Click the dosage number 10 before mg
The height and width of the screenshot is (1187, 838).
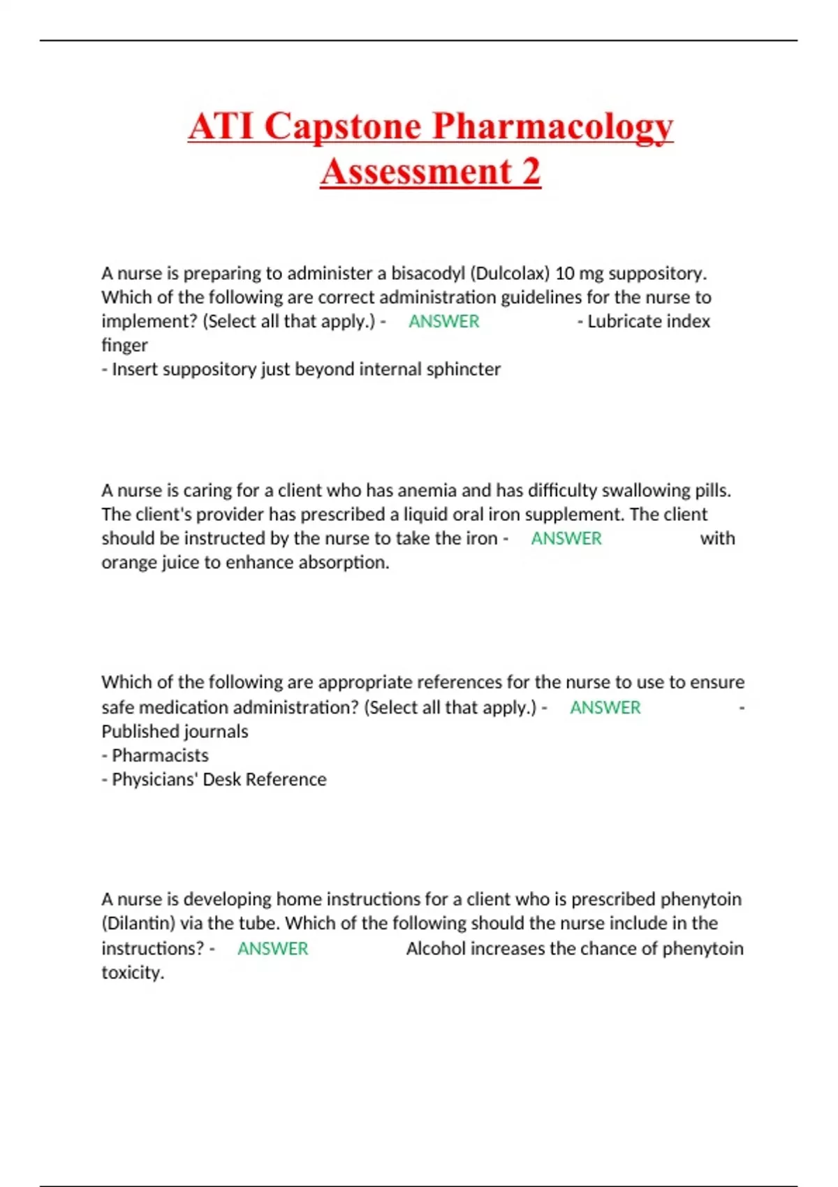click(x=565, y=273)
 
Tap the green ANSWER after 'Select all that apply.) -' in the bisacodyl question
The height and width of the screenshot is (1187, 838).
click(x=444, y=321)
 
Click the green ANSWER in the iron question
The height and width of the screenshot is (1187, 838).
click(x=566, y=538)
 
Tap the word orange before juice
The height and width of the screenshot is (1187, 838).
click(x=128, y=563)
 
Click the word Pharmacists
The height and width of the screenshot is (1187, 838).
click(x=160, y=755)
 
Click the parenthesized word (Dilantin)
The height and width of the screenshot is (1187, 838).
click(x=138, y=923)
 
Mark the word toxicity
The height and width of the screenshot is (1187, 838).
click(x=133, y=973)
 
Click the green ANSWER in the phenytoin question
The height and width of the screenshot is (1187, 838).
click(x=273, y=948)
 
